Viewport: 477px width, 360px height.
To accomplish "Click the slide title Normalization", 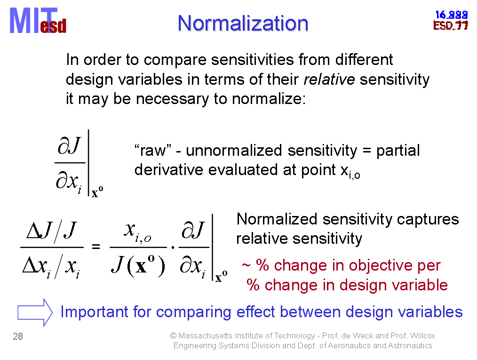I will pos(243,24).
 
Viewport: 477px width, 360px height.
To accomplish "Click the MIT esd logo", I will pos(38,21).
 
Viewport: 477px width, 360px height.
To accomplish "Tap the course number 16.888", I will pos(451,15).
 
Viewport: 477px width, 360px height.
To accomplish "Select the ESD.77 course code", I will pos(451,25).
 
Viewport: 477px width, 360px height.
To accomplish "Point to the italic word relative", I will pos(329,80).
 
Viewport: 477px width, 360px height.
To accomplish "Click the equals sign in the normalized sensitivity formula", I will pos(96,246).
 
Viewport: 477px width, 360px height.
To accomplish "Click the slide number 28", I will pos(18,336).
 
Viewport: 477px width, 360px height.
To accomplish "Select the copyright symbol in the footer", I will pos(173,336).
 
